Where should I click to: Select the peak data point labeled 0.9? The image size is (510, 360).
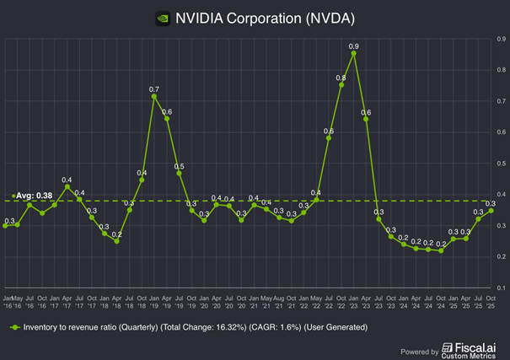point(353,53)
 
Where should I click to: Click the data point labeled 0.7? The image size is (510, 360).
point(154,96)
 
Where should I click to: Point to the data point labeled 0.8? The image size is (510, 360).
point(341,84)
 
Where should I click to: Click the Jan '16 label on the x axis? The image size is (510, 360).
point(7,302)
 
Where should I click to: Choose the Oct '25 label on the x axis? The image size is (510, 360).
point(491,302)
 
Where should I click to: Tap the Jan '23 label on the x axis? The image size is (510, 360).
point(353,302)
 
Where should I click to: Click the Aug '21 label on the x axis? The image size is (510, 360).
point(279,302)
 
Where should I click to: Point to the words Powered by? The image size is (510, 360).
point(419,352)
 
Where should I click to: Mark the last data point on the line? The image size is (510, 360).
point(491,211)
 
